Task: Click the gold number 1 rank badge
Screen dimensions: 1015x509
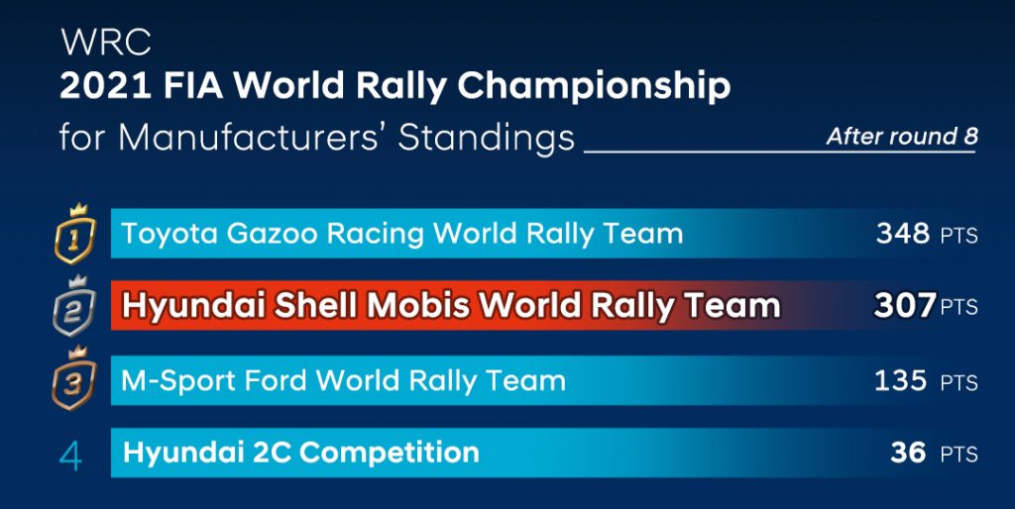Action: click(x=74, y=234)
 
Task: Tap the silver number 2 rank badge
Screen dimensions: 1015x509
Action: click(x=74, y=306)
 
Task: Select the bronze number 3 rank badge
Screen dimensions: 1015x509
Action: click(x=74, y=379)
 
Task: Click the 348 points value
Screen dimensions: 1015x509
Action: click(x=902, y=234)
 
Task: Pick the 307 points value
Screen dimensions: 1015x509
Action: click(x=904, y=306)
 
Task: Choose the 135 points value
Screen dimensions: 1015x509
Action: click(x=902, y=380)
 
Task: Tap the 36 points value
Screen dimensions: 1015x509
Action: click(x=908, y=453)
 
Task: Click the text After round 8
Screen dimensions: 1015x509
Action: click(x=902, y=137)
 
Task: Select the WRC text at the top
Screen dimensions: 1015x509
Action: click(x=106, y=43)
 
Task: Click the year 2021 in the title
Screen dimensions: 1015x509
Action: click(x=105, y=86)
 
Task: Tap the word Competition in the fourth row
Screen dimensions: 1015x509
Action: click(x=390, y=454)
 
